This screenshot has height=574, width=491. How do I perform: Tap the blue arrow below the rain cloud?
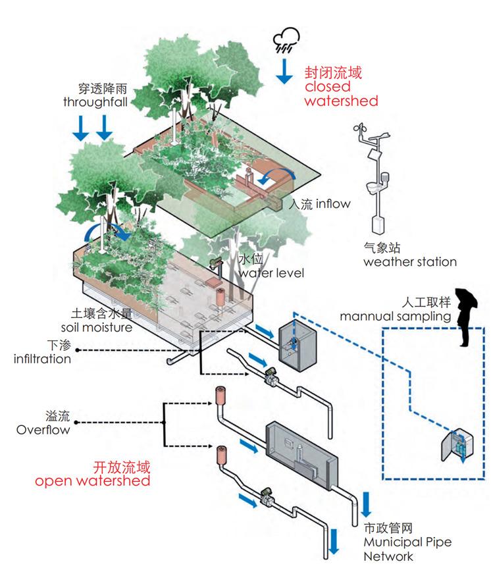284,70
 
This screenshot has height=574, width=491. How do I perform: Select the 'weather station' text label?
409,262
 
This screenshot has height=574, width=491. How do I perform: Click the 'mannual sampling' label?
395,316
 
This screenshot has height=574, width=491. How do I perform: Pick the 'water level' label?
271,273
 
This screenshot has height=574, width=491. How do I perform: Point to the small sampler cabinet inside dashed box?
455,447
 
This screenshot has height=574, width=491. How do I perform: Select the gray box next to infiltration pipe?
294,344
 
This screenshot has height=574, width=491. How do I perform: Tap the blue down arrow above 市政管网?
367,504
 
